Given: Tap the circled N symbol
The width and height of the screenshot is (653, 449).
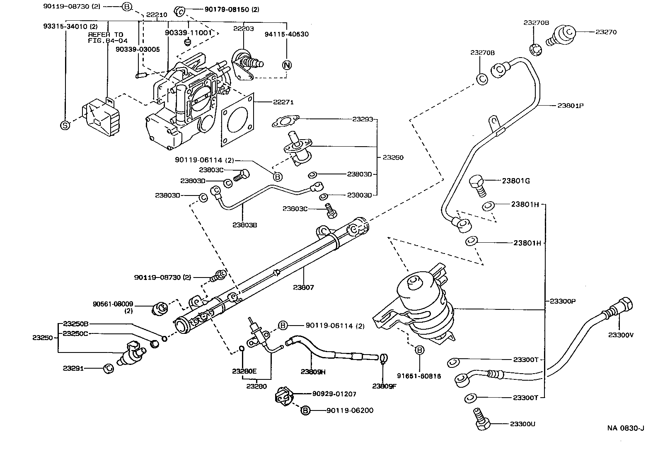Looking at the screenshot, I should point(287,65).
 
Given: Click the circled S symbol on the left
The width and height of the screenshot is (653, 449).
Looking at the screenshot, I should point(65,125).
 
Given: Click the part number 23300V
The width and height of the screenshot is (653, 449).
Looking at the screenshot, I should point(621,335).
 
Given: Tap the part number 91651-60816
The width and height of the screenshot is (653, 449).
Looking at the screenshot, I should point(419,376).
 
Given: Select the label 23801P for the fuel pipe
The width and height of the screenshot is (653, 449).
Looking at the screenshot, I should point(570,105).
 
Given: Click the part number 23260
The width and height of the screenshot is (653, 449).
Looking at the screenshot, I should point(393,157).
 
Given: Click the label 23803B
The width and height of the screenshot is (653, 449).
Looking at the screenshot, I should point(244,225).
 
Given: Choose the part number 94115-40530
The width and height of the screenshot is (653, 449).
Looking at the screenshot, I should point(287,34).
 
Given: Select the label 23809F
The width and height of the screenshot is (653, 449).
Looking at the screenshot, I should point(385,386).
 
